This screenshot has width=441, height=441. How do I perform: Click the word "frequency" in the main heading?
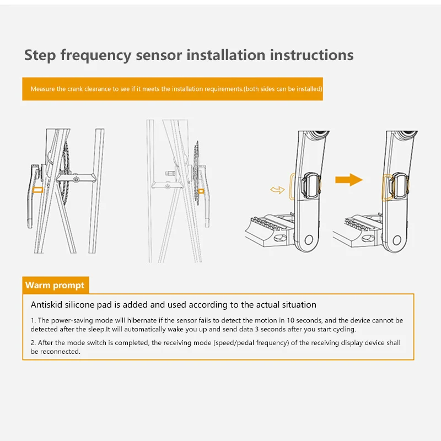(x=95, y=56)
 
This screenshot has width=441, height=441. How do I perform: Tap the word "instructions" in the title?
(x=311, y=55)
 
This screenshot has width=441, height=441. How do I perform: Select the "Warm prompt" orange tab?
(x=56, y=285)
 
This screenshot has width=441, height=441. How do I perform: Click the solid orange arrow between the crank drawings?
(x=349, y=180)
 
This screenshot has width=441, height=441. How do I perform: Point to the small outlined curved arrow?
(x=277, y=190)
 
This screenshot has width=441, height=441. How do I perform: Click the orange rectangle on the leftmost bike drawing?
(x=37, y=190)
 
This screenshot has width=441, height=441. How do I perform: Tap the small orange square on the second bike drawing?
(x=201, y=191)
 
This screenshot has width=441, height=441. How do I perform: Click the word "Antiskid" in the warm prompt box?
(x=46, y=305)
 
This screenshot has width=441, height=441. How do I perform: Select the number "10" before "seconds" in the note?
(x=290, y=320)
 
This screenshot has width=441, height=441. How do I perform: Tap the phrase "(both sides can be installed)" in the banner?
(x=283, y=89)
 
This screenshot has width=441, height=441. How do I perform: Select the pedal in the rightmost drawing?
(x=357, y=230)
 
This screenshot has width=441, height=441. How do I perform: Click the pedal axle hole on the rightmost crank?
(x=397, y=240)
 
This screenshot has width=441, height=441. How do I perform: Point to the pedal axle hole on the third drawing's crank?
(x=309, y=240)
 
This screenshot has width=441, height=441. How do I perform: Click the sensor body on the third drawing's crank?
(x=311, y=186)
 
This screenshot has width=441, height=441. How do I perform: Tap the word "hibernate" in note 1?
(x=142, y=320)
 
